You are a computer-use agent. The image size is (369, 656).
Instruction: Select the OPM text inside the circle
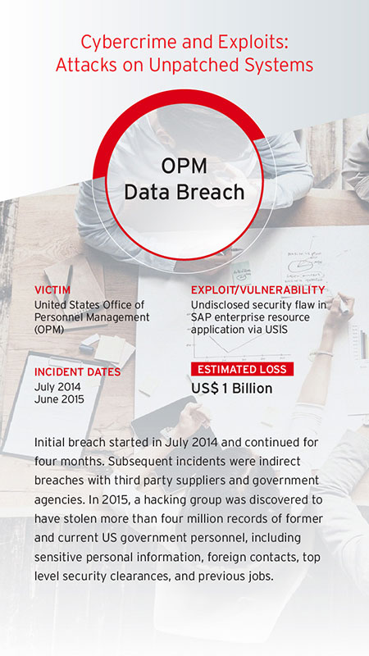[x=184, y=166]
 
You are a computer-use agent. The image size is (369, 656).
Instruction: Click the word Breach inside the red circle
[x=216, y=192]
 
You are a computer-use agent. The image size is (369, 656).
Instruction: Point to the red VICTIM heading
[x=52, y=290]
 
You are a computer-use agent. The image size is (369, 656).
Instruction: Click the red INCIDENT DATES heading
[x=77, y=372]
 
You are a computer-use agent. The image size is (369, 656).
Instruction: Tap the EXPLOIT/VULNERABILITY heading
[x=258, y=290]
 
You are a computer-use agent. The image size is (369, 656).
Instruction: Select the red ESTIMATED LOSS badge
[x=242, y=370]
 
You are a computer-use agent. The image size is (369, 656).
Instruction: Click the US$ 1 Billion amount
[x=232, y=389]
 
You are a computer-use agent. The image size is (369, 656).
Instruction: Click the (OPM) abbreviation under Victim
[x=49, y=330]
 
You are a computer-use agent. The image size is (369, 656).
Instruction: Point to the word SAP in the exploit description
[x=200, y=317]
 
